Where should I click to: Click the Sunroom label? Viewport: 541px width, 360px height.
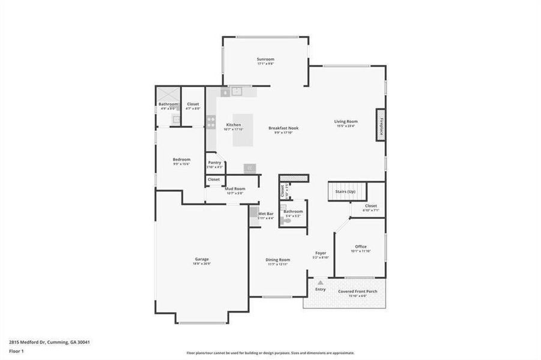pyautogui.click(x=265, y=59)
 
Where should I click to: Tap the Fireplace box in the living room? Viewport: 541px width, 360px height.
pyautogui.click(x=381, y=125)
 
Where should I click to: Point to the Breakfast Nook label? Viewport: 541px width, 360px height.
pyautogui.click(x=283, y=128)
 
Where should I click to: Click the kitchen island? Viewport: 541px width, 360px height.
pyautogui.click(x=243, y=129)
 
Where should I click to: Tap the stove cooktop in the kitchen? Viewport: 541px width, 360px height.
pyautogui.click(x=211, y=121)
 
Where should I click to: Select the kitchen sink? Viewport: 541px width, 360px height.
pyautogui.click(x=237, y=92)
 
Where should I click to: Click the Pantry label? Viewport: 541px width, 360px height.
pyautogui.click(x=214, y=162)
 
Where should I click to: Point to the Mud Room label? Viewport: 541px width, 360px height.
pyautogui.click(x=235, y=188)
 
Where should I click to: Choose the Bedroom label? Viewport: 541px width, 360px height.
pyautogui.click(x=181, y=159)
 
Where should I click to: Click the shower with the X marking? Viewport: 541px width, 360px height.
pyautogui.click(x=168, y=94)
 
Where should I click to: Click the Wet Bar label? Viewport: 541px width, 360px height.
pyautogui.click(x=266, y=213)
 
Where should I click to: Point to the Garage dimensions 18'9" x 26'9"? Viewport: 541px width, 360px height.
pyautogui.click(x=202, y=263)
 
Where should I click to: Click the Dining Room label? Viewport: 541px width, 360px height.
pyautogui.click(x=278, y=259)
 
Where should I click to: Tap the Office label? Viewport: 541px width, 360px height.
pyautogui.click(x=360, y=246)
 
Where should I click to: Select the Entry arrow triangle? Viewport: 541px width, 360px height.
pyautogui.click(x=321, y=282)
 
